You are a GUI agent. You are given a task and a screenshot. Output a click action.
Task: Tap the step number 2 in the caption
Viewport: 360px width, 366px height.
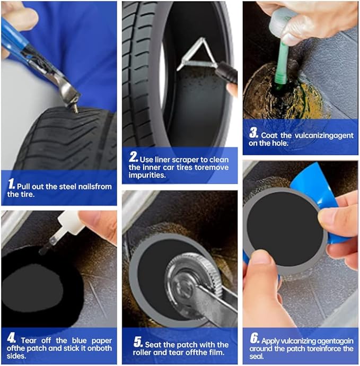click(x=133, y=158)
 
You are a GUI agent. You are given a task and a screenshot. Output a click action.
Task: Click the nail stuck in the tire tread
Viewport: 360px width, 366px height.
click(x=75, y=109)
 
